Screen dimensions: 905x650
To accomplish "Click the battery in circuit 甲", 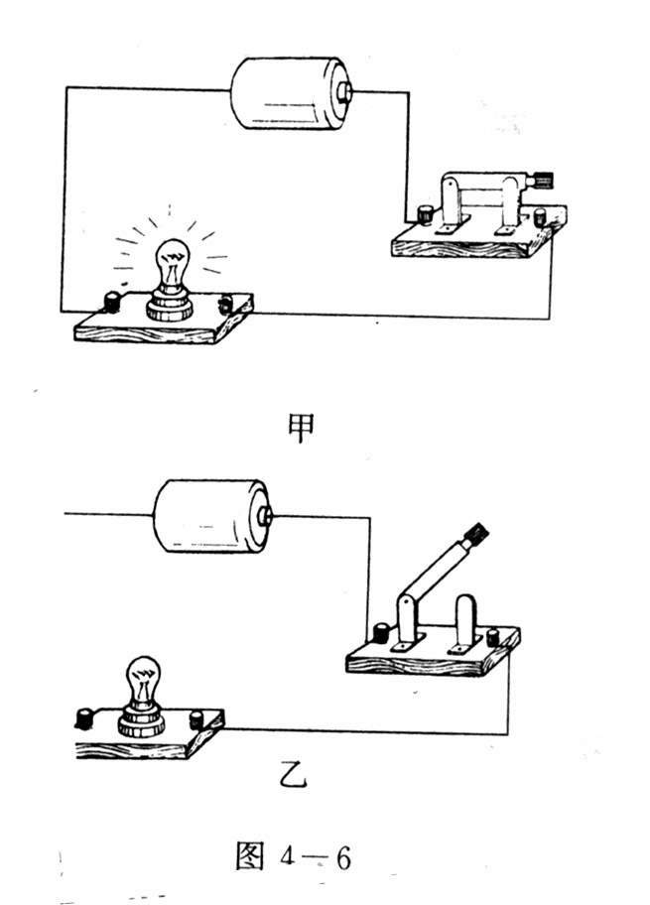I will tap(283, 94).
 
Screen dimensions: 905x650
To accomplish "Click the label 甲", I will tap(301, 426).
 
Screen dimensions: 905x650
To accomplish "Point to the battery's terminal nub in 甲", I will tap(345, 92).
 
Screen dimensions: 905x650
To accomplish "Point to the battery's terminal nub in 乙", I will tap(265, 516).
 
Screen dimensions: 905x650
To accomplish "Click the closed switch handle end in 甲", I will tap(542, 180).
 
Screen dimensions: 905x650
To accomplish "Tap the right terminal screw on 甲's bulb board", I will tap(227, 305).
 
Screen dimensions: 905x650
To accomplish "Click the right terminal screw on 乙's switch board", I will tap(495, 638).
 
